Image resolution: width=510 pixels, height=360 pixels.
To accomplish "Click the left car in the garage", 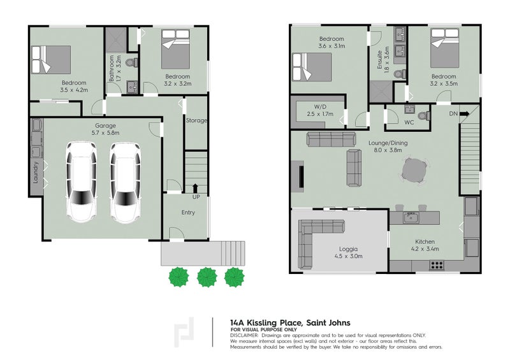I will tap(83, 182).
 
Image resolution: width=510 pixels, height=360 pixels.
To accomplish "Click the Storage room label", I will tap(196, 120).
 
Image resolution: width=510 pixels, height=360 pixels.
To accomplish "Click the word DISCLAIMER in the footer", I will tap(244, 335).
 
